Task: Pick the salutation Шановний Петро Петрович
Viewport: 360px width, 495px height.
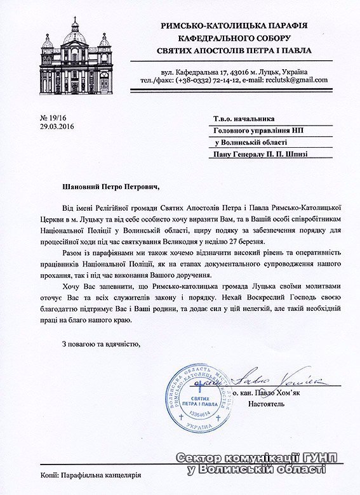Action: point(108,187)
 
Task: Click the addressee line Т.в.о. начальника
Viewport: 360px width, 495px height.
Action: point(242,119)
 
